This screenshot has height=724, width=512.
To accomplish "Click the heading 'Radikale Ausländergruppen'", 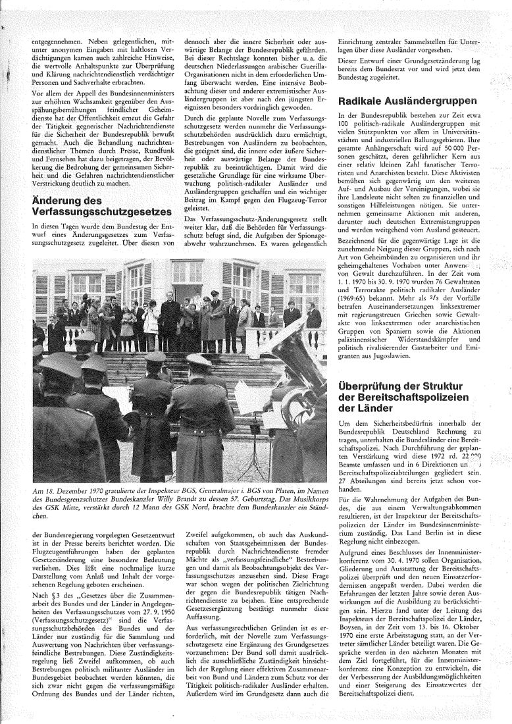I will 407,101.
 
